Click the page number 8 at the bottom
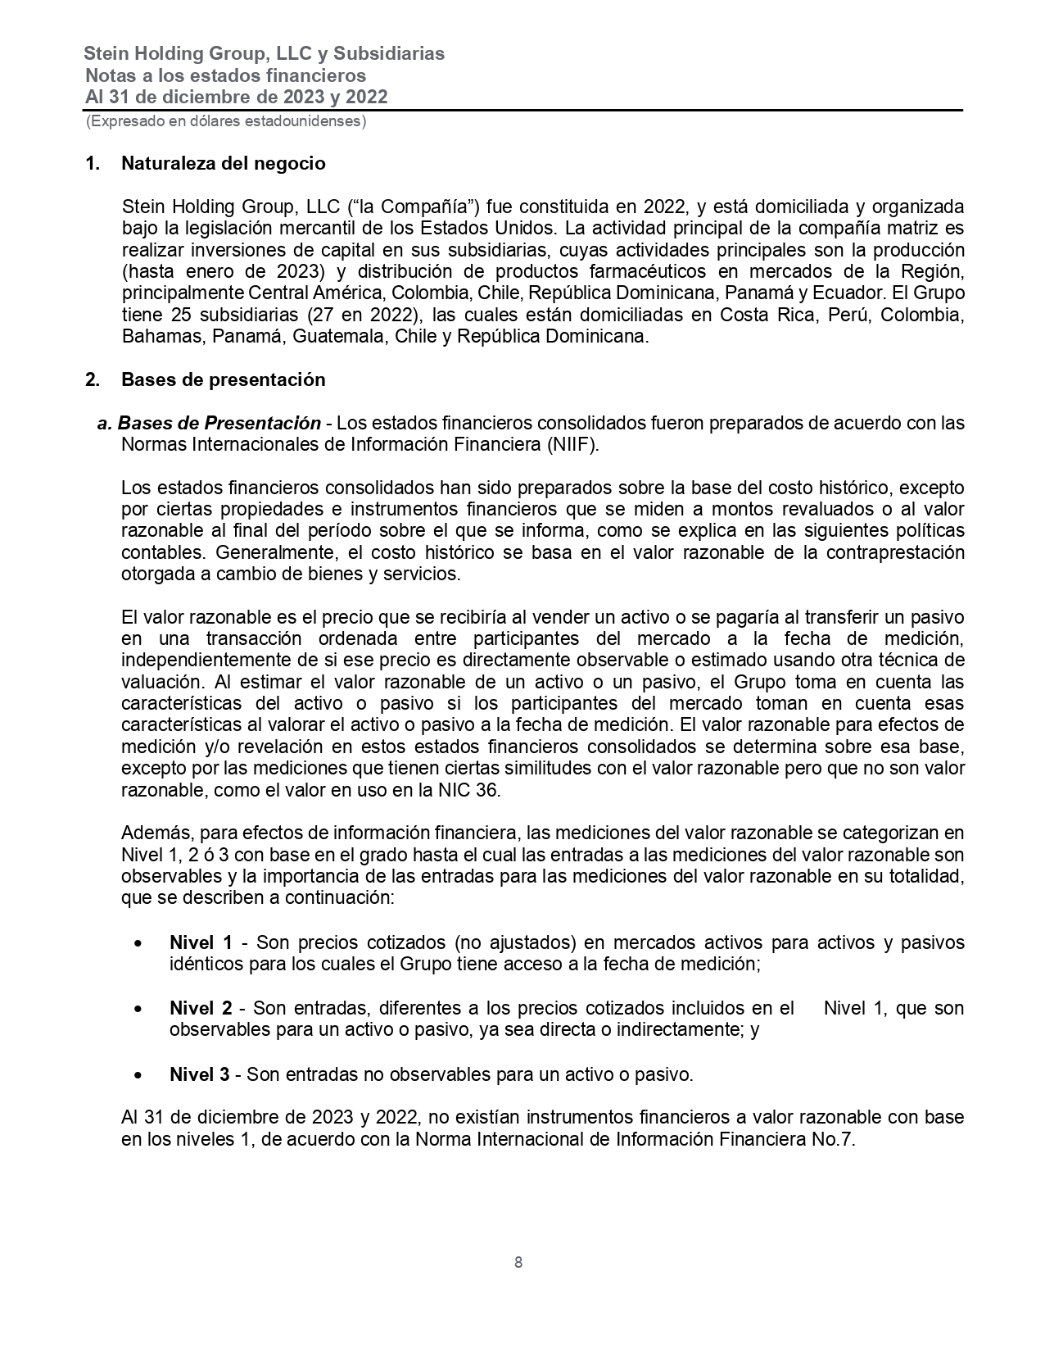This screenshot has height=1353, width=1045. click(518, 1262)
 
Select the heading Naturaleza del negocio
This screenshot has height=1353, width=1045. click(223, 163)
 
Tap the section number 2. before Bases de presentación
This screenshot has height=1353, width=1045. click(93, 379)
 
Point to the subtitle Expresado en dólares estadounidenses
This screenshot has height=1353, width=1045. click(226, 121)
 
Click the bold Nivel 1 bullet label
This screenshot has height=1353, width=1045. click(201, 942)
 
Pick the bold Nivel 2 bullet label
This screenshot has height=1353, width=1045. click(201, 1008)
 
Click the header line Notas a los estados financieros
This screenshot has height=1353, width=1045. click(225, 75)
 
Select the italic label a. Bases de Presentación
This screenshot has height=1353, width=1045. click(209, 424)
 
